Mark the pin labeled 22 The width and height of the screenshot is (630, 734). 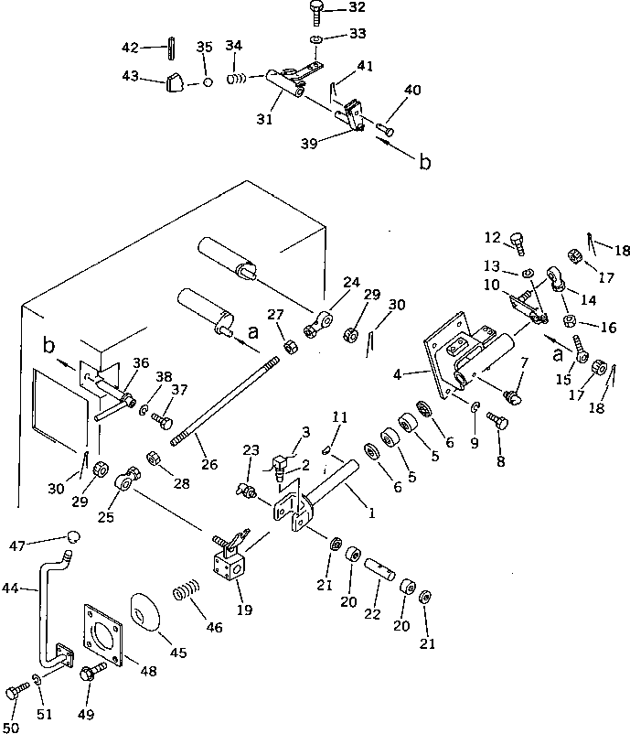(x=381, y=573)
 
